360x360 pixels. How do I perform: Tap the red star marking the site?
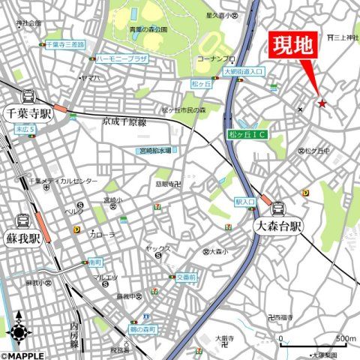point(322,103)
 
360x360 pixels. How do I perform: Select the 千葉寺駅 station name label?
point(28,114)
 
